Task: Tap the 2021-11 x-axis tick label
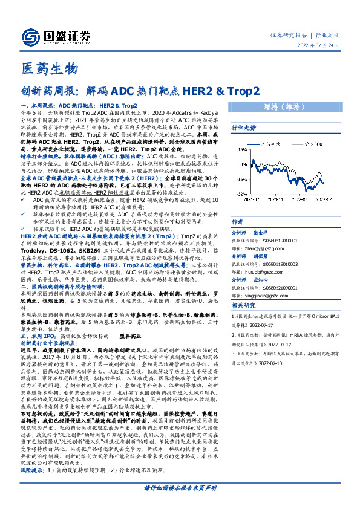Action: coord(275,199)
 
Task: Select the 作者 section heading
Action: coord(238,222)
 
